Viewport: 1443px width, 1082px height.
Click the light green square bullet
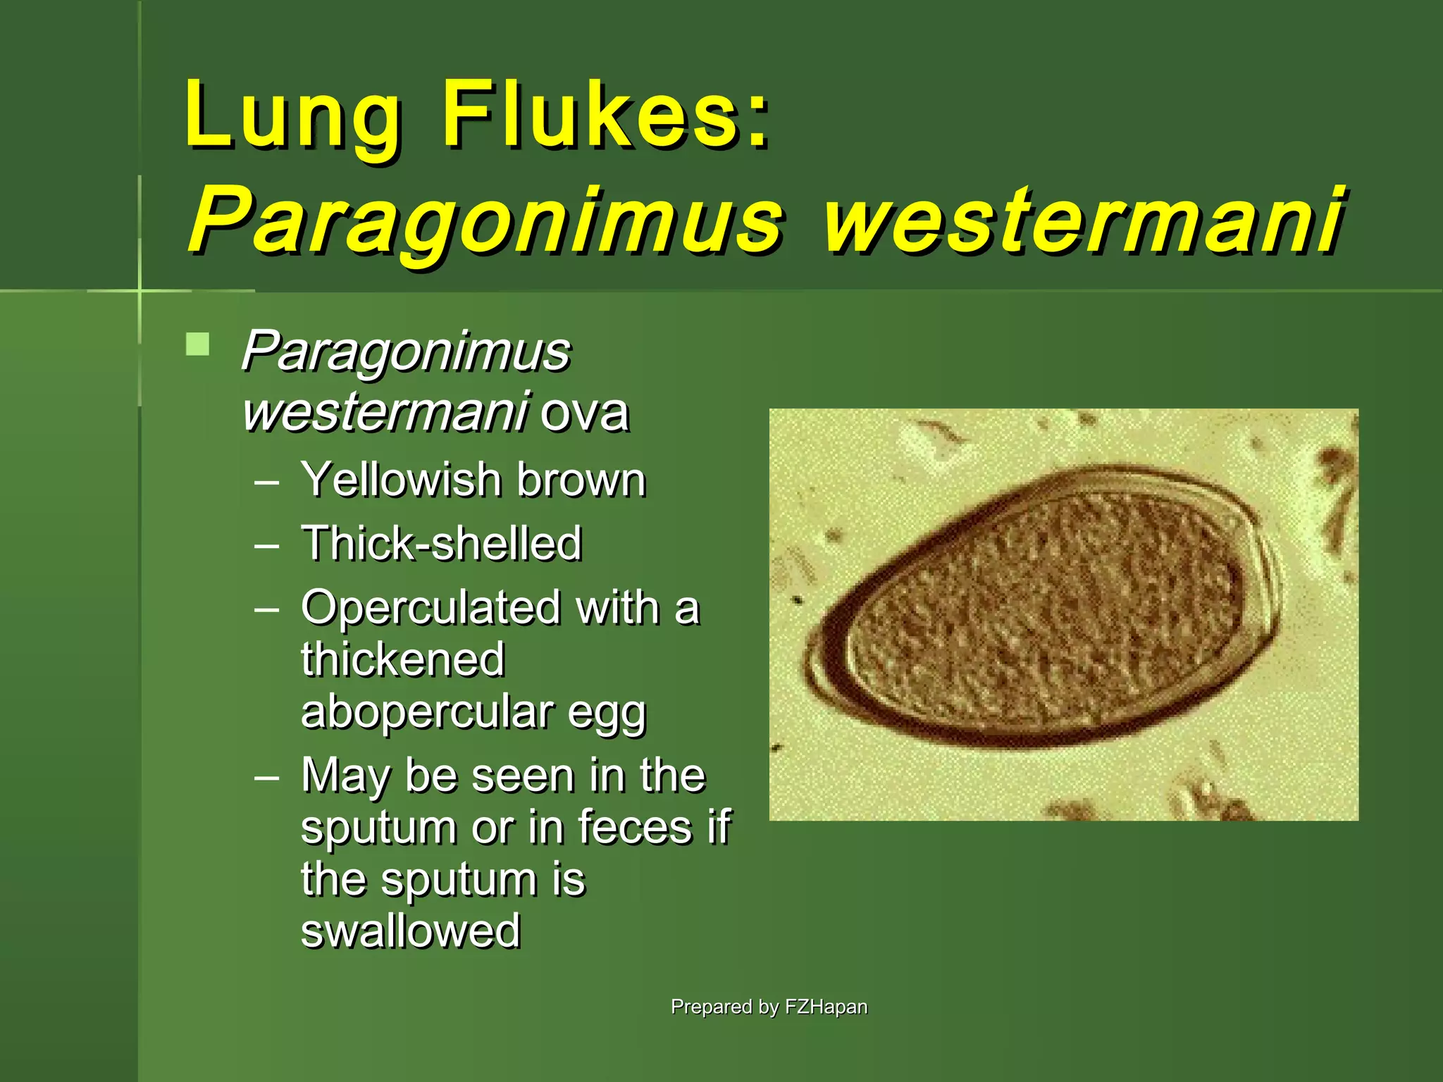(x=198, y=344)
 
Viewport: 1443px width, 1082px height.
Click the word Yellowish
(x=400, y=480)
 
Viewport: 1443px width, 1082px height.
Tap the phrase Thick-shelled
(x=442, y=543)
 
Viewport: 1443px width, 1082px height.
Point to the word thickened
(x=403, y=659)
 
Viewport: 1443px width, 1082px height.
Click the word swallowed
(x=411, y=931)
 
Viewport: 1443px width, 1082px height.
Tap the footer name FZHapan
(x=826, y=1007)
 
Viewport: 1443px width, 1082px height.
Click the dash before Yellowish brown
(x=267, y=483)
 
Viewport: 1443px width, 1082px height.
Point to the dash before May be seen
(x=267, y=778)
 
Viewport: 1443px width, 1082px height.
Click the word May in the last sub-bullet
(x=345, y=776)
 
